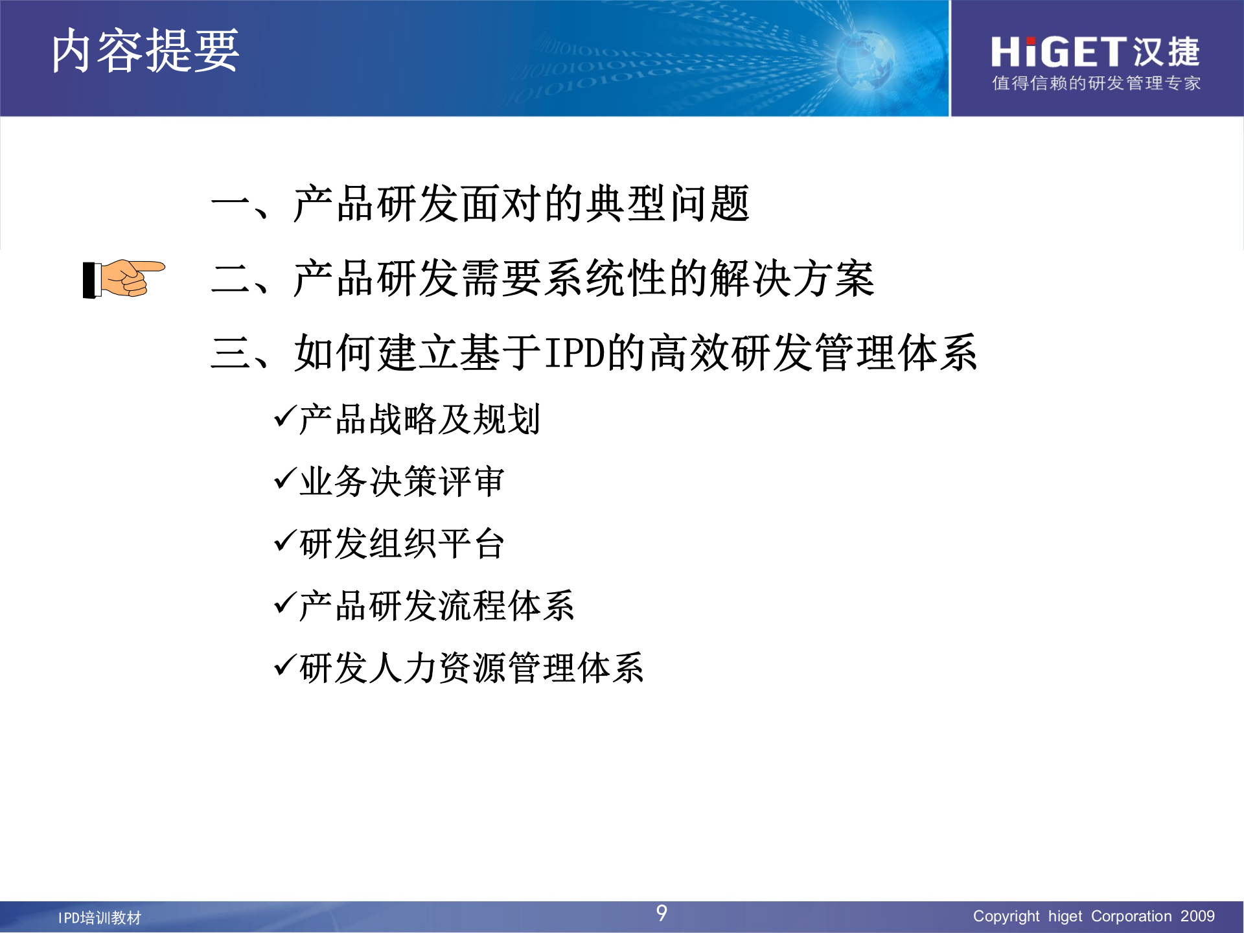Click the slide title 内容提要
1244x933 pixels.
(x=145, y=51)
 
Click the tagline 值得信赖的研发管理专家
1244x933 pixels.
(x=1096, y=84)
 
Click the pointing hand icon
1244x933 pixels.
(x=124, y=279)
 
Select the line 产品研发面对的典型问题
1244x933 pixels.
(x=521, y=204)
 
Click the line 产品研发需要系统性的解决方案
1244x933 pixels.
(x=583, y=279)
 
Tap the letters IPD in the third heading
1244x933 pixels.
(x=574, y=353)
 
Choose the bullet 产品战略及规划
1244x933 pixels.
(x=419, y=419)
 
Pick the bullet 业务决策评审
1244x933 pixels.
(x=402, y=481)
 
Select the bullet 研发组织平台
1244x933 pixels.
(x=402, y=544)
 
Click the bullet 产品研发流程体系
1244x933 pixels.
(x=437, y=606)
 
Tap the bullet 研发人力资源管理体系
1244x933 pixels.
(x=472, y=668)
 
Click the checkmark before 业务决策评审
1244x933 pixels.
(x=285, y=479)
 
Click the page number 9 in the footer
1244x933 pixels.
(x=662, y=913)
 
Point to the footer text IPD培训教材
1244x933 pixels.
(x=100, y=917)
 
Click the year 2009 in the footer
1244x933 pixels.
(x=1197, y=916)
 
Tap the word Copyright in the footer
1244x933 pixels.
(x=1006, y=916)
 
